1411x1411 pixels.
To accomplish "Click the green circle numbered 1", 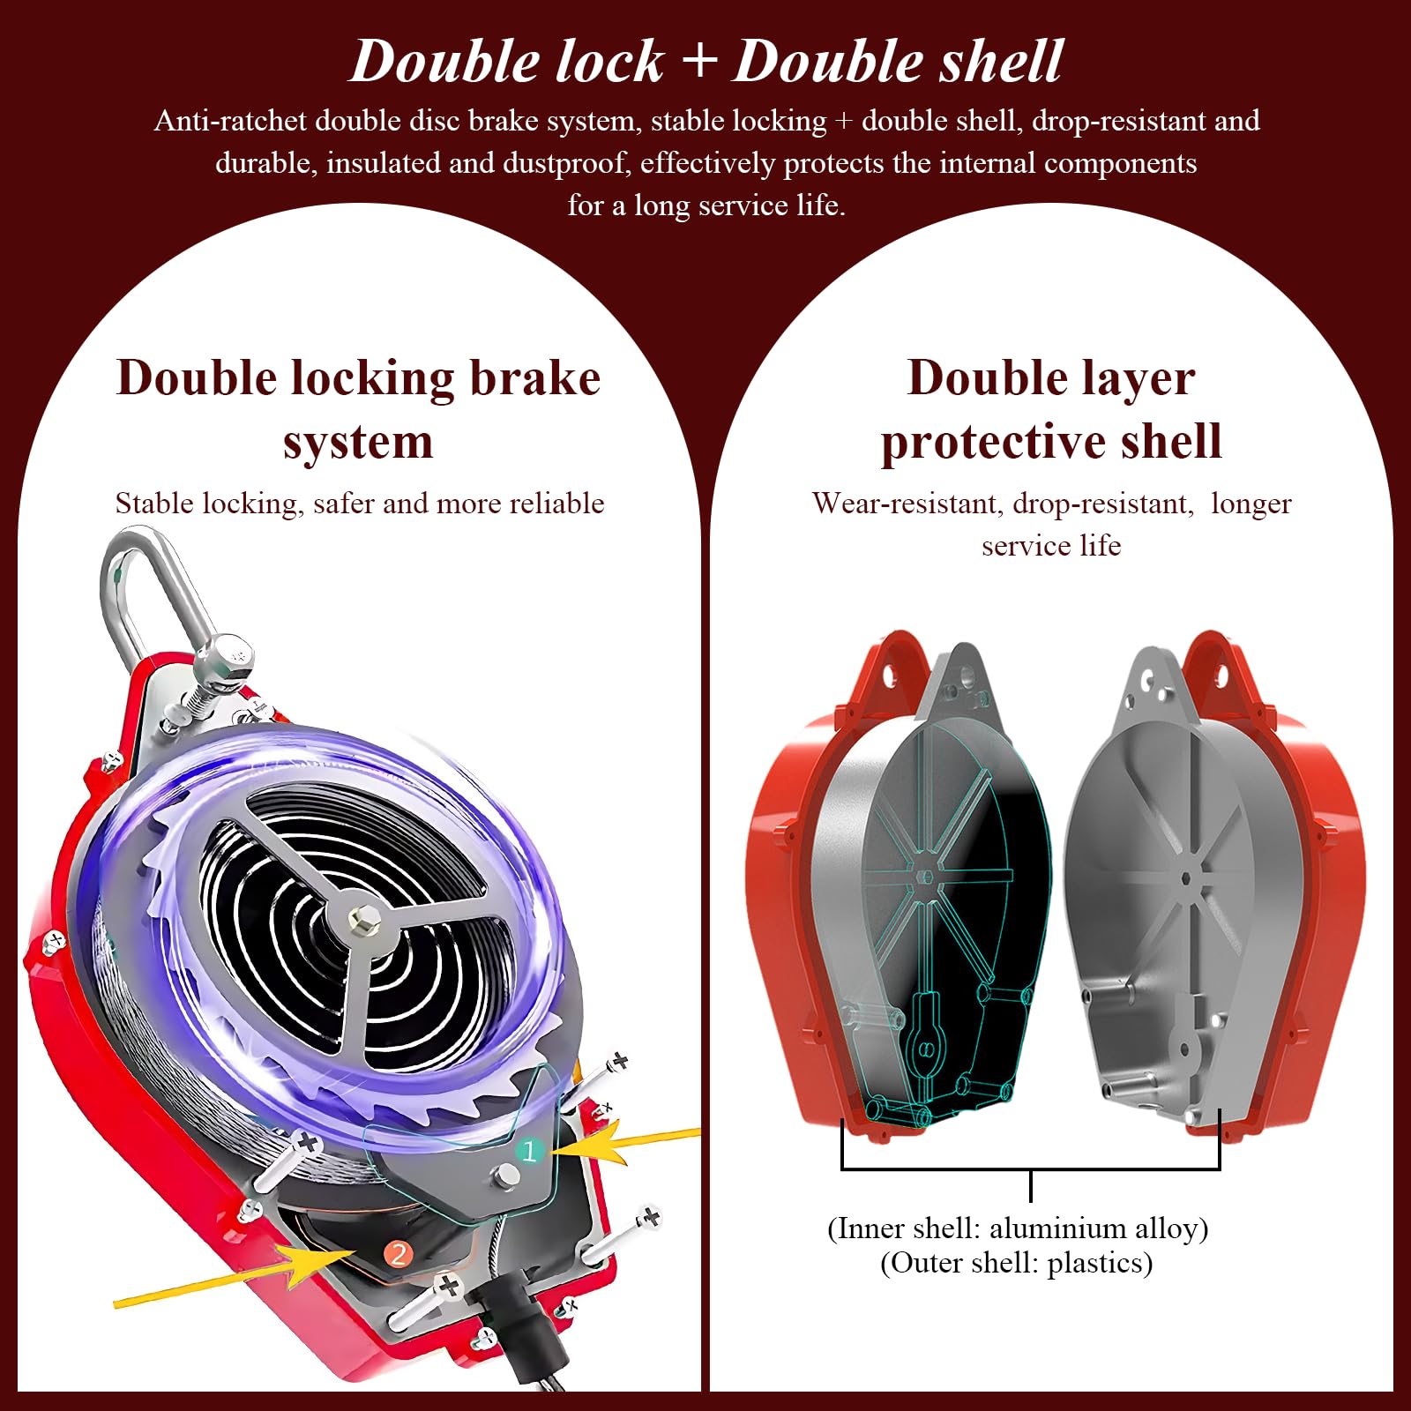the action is pyautogui.click(x=529, y=1151).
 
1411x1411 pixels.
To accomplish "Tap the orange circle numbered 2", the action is pyautogui.click(x=399, y=1253).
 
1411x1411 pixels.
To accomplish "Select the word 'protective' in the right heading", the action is pyautogui.click(x=989, y=444).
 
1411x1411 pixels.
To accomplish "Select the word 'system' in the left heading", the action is pyautogui.click(x=358, y=444).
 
